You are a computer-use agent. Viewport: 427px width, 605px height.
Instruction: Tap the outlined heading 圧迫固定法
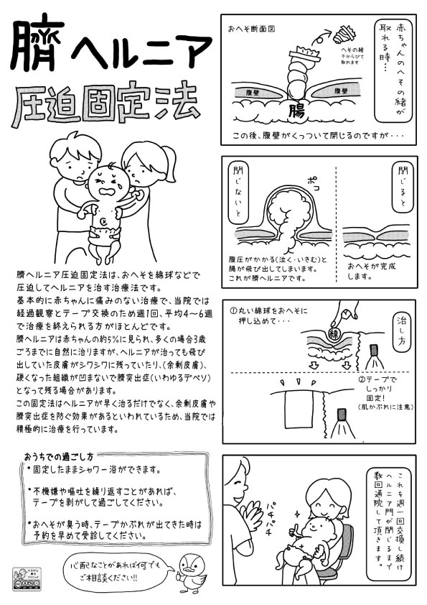[108, 103]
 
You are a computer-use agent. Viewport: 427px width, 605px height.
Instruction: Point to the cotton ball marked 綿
[334, 333]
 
